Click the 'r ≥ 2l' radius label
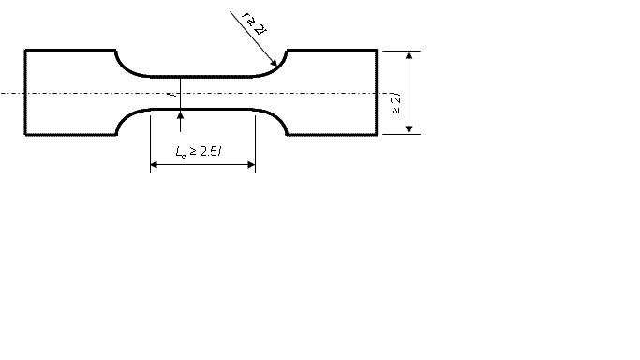[254, 23]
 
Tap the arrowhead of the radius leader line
[275, 63]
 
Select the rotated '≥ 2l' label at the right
[395, 104]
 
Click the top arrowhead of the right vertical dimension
[409, 55]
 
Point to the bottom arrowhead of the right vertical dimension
[409, 129]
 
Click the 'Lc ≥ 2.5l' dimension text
[199, 152]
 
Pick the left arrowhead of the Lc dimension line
[155, 164]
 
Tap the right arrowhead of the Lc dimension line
[251, 164]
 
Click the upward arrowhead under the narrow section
[181, 115]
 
